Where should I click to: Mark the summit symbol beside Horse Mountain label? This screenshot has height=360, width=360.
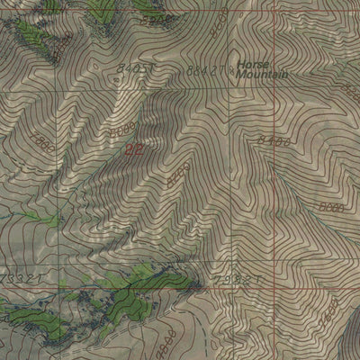click(233, 67)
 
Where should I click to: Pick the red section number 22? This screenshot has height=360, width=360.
click(134, 148)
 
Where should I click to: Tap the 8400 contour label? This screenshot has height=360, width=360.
click(273, 139)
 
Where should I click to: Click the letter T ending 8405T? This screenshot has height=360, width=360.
click(155, 67)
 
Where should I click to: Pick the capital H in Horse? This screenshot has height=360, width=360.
click(242, 65)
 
